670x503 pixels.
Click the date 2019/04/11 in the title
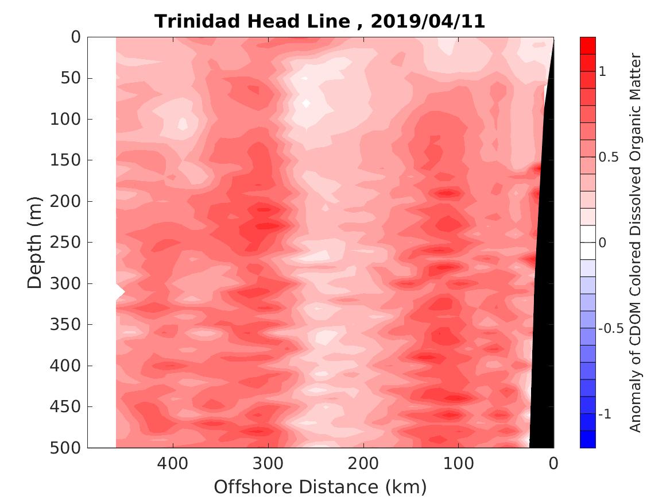pos(428,21)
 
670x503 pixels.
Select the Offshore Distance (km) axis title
pos(320,487)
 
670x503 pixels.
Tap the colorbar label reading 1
pos(603,71)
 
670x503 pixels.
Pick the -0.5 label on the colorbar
pos(611,329)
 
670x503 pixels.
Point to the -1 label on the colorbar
pos(605,414)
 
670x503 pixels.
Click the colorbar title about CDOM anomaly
pos(634,242)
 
